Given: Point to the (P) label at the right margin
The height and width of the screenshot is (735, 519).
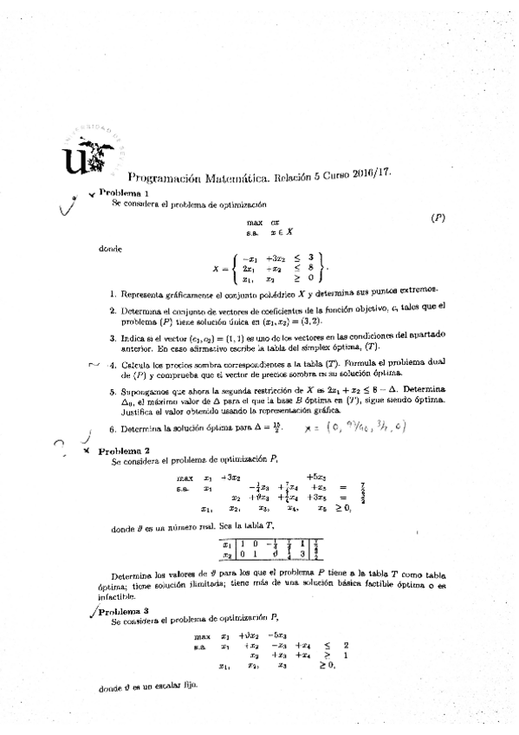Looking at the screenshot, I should [438, 219].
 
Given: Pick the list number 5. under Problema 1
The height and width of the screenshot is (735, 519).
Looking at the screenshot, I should [113, 391].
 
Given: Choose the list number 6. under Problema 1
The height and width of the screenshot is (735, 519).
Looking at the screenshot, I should [113, 429].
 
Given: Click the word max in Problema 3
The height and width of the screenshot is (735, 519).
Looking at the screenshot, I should [202, 637].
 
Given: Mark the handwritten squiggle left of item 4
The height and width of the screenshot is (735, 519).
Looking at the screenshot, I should [95, 365].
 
